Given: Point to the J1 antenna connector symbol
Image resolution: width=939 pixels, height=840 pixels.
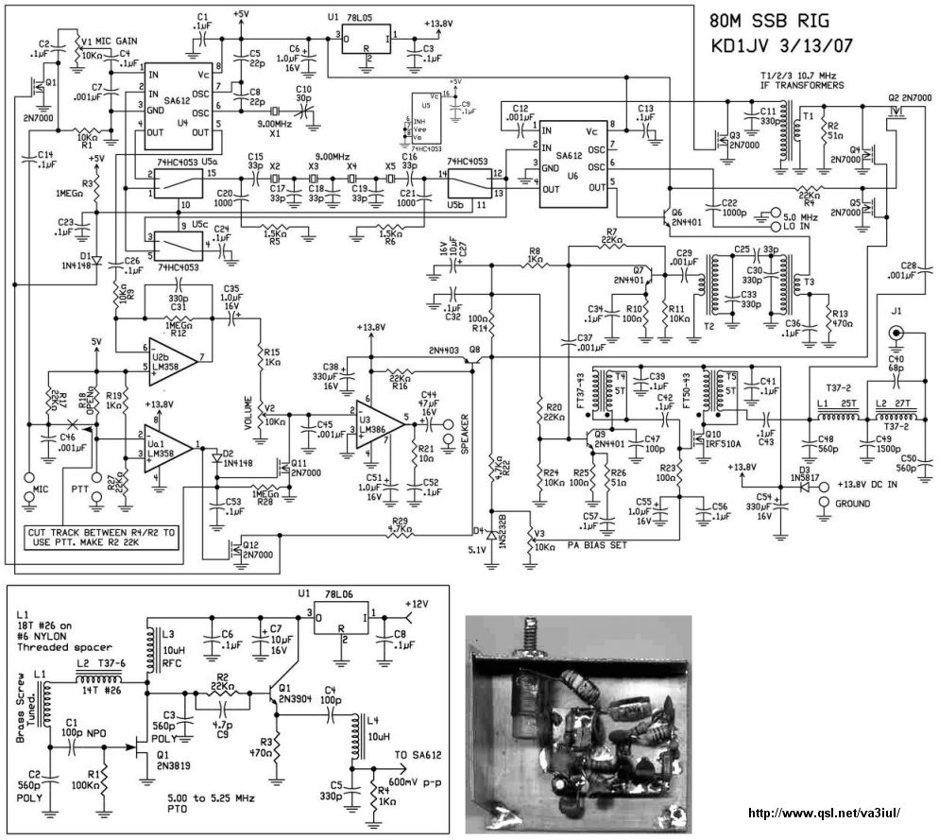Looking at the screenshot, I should pyautogui.click(x=896, y=334).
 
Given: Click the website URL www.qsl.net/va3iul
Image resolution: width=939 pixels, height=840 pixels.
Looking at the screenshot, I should pyautogui.click(x=824, y=813).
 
